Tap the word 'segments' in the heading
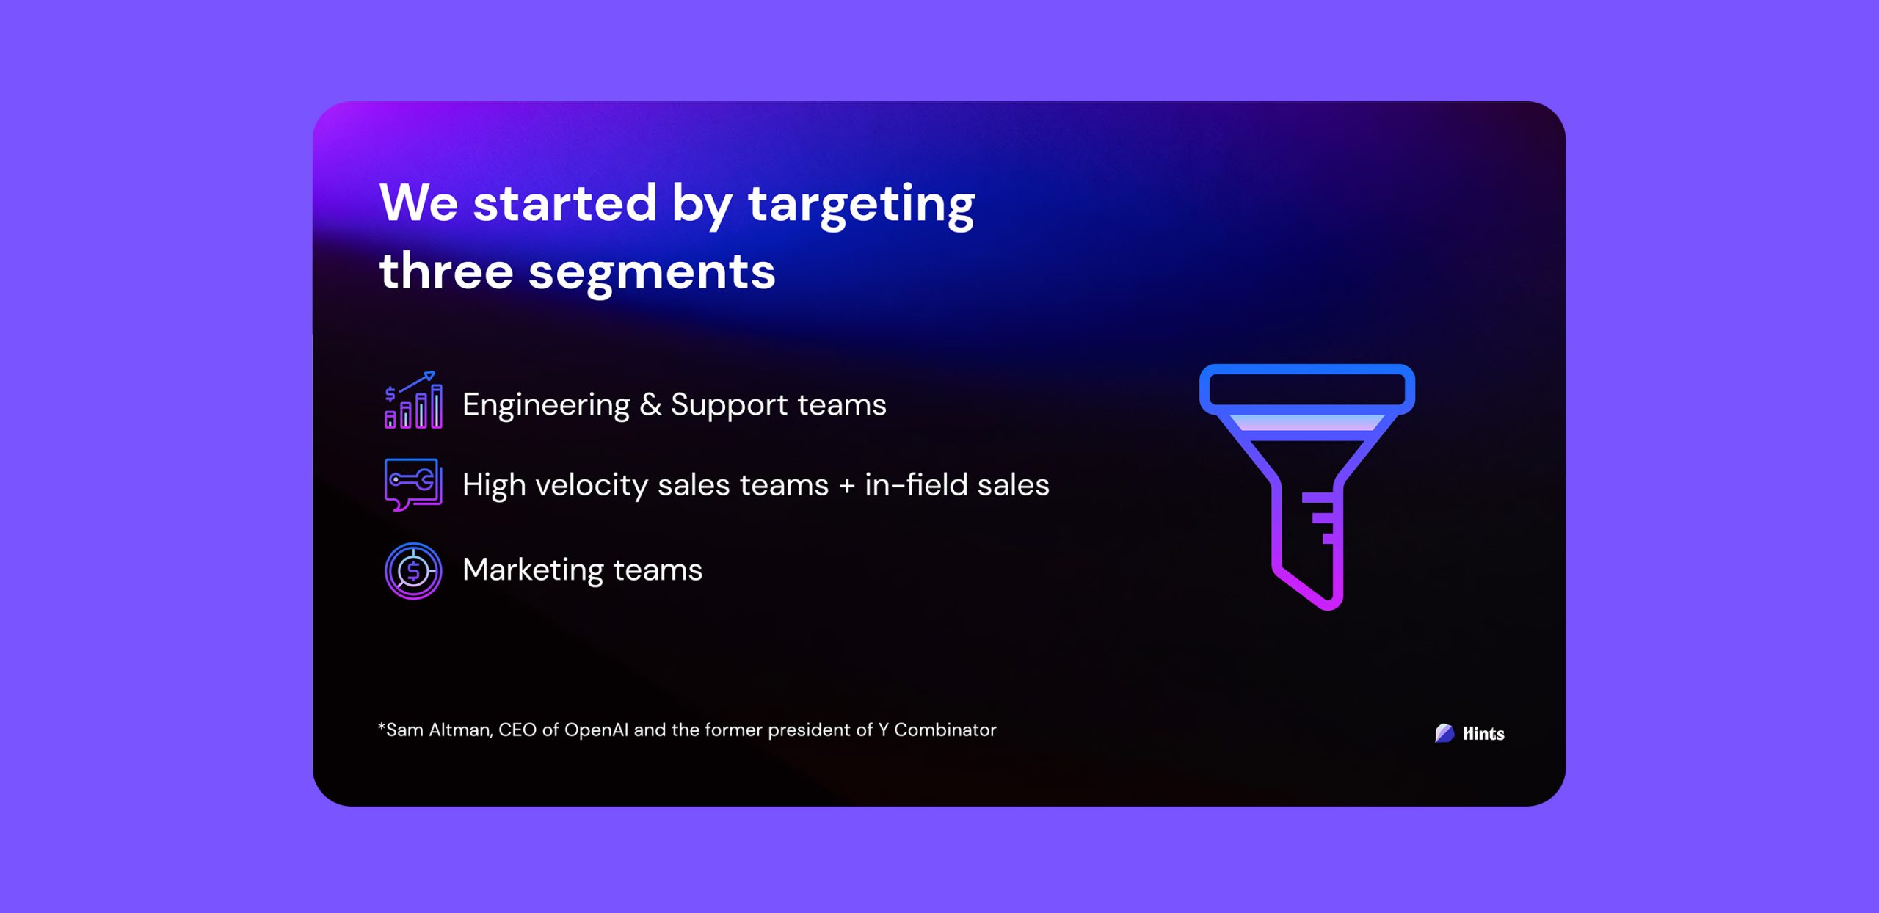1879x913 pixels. coord(652,274)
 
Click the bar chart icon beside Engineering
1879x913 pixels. coord(413,400)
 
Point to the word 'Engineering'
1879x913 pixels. coord(546,406)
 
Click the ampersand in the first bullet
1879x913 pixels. coord(650,404)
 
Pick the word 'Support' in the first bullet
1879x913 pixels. coord(729,406)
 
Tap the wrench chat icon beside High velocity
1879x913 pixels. coord(413,484)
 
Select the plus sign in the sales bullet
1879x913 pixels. coord(846,485)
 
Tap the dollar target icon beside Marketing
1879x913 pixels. coord(413,571)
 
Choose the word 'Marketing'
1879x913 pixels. coord(533,570)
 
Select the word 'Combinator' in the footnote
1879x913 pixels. coord(945,730)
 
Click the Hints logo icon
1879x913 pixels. coord(1444,733)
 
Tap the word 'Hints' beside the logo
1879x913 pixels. coord(1483,734)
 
